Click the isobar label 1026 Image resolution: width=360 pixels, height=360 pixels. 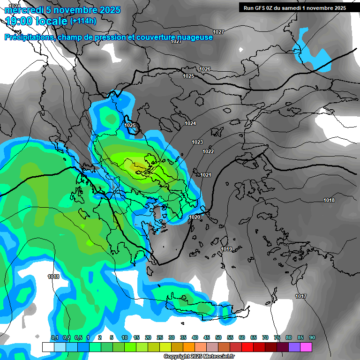click(x=205, y=69)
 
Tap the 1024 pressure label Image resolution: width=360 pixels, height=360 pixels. click(x=190, y=123)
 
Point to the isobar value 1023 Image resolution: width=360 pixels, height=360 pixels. click(x=197, y=142)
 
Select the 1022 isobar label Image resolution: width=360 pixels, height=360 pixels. click(x=208, y=151)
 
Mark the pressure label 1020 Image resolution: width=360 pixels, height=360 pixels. click(x=195, y=217)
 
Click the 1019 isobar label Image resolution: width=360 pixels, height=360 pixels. click(x=226, y=249)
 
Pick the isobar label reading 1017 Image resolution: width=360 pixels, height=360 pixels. click(x=301, y=296)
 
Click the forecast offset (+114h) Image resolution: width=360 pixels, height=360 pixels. click(x=84, y=21)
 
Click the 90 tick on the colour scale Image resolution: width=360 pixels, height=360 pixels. click(x=312, y=337)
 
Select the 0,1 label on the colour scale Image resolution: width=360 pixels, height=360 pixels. click(x=54, y=337)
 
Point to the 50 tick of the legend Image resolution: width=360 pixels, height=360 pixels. click(x=218, y=337)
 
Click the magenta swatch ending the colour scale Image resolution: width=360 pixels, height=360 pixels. click(x=306, y=347)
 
